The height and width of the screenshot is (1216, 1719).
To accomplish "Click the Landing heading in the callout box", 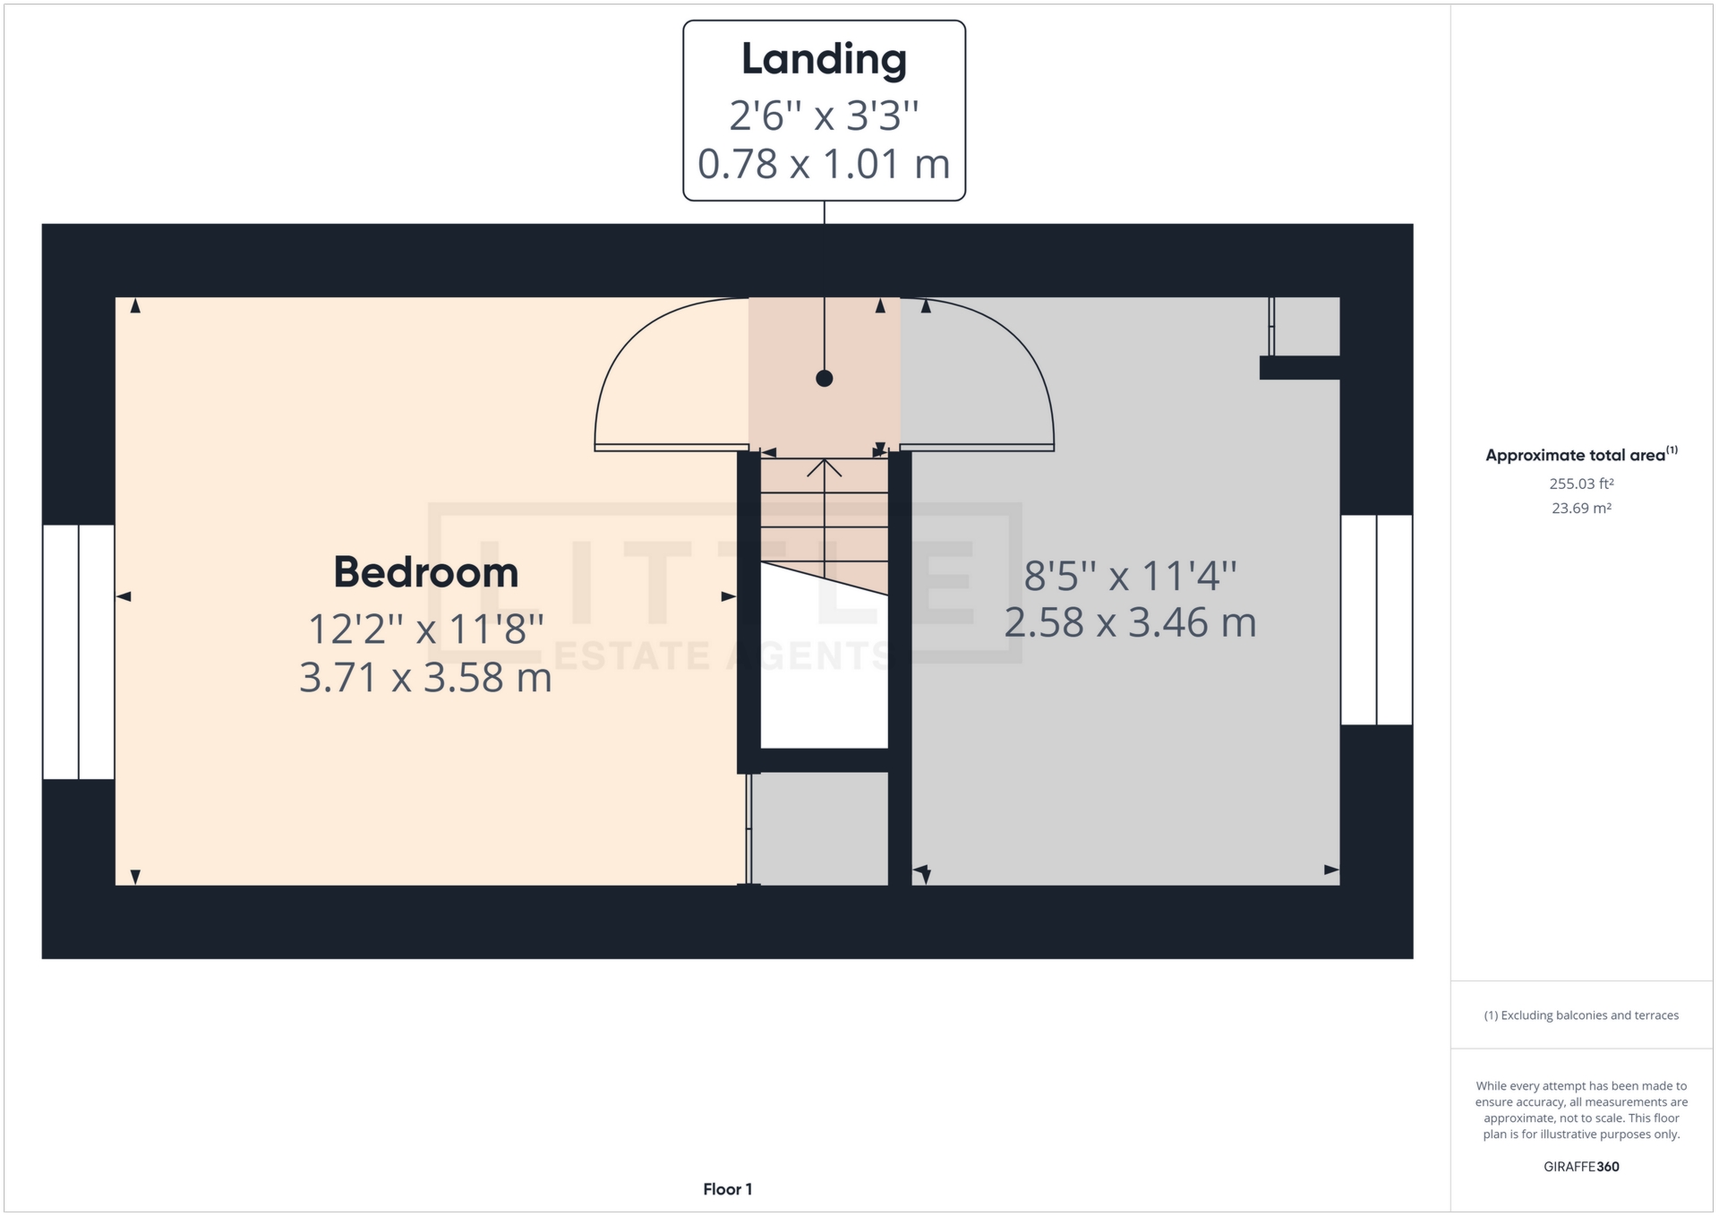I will pyautogui.click(x=824, y=60).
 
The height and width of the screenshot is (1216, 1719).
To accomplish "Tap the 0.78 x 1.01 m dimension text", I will pyautogui.click(x=824, y=165).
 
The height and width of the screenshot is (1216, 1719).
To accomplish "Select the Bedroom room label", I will pyautogui.click(x=426, y=573).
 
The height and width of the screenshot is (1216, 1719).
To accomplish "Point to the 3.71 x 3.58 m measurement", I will pyautogui.click(x=425, y=678).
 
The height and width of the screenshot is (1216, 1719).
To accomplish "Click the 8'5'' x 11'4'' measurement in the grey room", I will pyautogui.click(x=1130, y=576).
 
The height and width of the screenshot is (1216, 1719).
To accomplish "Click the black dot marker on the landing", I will pyautogui.click(x=825, y=379).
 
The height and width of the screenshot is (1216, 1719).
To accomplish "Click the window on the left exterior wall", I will pyautogui.click(x=79, y=652).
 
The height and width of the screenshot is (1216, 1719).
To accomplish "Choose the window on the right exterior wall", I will pyautogui.click(x=1376, y=620).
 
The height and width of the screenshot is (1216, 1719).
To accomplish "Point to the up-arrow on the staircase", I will pyautogui.click(x=825, y=468).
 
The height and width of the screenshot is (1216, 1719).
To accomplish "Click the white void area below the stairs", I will pyautogui.click(x=824, y=681).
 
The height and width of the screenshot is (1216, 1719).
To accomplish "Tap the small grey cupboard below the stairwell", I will pyautogui.click(x=820, y=829).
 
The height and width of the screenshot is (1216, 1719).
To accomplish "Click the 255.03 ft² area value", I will pyautogui.click(x=1581, y=484).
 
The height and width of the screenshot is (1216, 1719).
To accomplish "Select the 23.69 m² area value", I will pyautogui.click(x=1581, y=509).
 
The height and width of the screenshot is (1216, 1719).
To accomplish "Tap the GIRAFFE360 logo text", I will pyautogui.click(x=1581, y=1167).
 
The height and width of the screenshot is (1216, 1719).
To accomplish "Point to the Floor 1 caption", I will pyautogui.click(x=727, y=1189).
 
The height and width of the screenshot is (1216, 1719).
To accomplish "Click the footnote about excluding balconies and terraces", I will pyautogui.click(x=1581, y=1015).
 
